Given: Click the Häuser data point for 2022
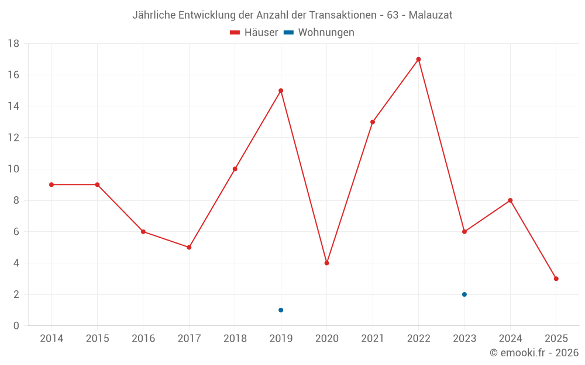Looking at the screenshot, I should (418, 59).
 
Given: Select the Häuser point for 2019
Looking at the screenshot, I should (281, 91).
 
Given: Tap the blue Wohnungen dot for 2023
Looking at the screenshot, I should (464, 294).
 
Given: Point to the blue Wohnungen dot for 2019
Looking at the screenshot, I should (281, 310).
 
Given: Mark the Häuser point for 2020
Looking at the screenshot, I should (326, 263).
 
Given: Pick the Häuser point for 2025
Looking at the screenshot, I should (556, 279).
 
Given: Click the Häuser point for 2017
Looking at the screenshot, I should (189, 247).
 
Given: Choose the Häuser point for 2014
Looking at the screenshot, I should (51, 185).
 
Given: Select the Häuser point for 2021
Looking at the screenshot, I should (373, 122).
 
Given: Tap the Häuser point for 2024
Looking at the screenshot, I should (510, 200).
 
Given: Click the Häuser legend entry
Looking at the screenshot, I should (254, 33).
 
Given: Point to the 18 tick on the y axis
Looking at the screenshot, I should (13, 44).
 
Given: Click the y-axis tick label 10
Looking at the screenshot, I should (13, 169).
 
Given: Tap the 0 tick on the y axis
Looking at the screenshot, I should (16, 326).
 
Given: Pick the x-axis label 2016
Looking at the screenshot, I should (143, 339).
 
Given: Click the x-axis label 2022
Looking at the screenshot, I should (418, 339).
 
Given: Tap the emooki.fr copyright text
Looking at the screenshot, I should (534, 353).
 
